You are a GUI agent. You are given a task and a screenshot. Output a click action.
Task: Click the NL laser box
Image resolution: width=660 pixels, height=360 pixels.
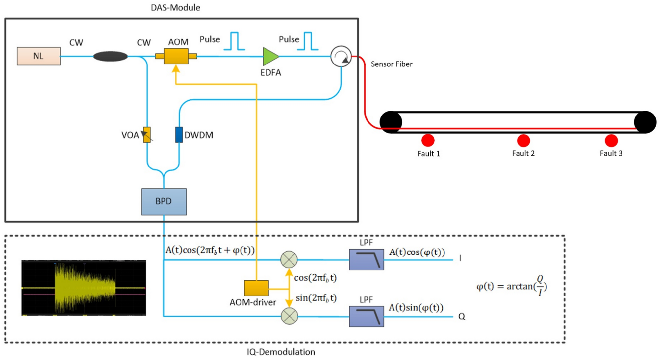[x=38, y=56]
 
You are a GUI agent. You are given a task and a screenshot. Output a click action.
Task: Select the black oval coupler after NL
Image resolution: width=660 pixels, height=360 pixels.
[x=110, y=56]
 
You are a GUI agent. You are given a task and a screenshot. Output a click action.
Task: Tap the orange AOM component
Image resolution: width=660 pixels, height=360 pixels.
[x=176, y=56]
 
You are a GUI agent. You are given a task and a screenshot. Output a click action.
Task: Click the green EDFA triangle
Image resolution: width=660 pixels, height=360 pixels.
[x=270, y=57]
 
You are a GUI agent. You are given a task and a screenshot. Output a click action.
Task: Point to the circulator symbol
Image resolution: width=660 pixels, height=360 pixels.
[x=341, y=57]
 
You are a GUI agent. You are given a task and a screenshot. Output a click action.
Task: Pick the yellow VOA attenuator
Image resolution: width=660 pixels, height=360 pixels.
[x=147, y=135]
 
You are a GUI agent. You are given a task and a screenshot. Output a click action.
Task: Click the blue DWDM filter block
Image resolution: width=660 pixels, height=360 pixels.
[x=179, y=135]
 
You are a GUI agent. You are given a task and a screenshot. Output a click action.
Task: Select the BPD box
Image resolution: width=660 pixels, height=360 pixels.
[x=164, y=201]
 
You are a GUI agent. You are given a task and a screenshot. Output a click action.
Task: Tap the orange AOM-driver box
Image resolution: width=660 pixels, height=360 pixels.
[x=256, y=288]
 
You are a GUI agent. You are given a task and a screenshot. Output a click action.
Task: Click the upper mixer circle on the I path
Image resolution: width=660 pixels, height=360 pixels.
[x=289, y=259]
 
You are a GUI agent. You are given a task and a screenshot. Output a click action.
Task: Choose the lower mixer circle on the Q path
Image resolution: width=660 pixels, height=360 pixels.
[x=289, y=316]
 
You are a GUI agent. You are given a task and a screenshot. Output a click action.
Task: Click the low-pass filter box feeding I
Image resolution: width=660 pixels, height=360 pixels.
[x=366, y=260]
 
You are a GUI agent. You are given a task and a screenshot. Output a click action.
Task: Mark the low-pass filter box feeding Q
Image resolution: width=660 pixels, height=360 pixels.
[x=366, y=317]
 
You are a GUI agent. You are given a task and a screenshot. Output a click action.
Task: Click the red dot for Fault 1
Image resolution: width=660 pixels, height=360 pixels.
[x=428, y=141]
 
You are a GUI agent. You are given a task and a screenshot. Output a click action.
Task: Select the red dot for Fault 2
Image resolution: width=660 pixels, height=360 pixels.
[x=523, y=141]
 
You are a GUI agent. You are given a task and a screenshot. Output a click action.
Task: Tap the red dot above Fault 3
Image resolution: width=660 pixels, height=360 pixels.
[x=611, y=141]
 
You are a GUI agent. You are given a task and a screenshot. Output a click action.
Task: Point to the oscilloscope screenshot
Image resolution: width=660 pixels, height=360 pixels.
[x=84, y=288]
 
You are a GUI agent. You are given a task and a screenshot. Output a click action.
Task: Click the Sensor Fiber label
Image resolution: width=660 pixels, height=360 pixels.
[x=392, y=64]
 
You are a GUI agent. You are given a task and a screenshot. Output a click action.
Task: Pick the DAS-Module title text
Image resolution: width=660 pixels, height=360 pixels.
[x=175, y=8]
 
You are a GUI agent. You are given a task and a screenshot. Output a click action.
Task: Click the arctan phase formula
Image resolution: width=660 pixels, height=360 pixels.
[x=512, y=286]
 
